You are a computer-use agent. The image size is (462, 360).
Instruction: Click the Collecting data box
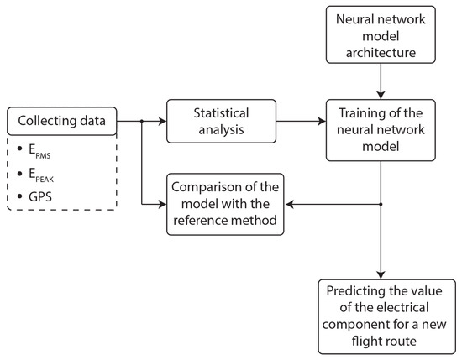point(60,121)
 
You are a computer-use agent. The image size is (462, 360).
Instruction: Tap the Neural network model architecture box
point(381,34)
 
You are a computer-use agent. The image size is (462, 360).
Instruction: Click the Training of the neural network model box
point(381,128)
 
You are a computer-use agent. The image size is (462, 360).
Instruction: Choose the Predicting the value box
point(382,316)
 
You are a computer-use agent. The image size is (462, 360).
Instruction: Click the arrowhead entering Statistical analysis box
point(162,121)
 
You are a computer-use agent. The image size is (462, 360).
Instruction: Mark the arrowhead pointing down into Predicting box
point(381,274)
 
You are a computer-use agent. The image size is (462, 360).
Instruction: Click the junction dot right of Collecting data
point(141,121)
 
